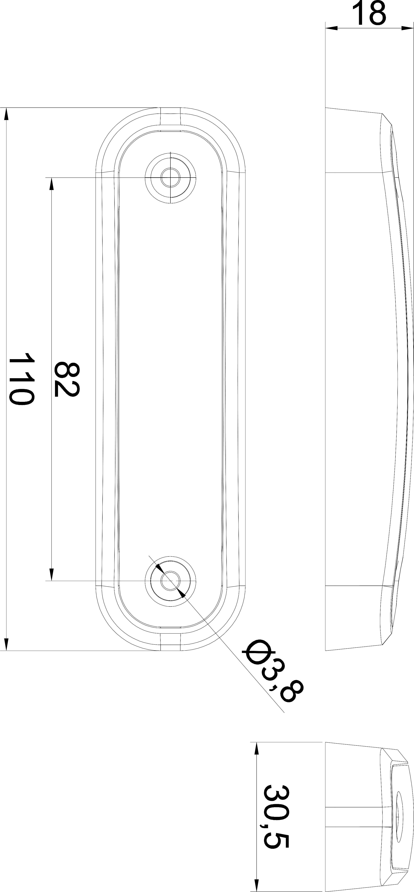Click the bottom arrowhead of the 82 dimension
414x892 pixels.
pos(51,574)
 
